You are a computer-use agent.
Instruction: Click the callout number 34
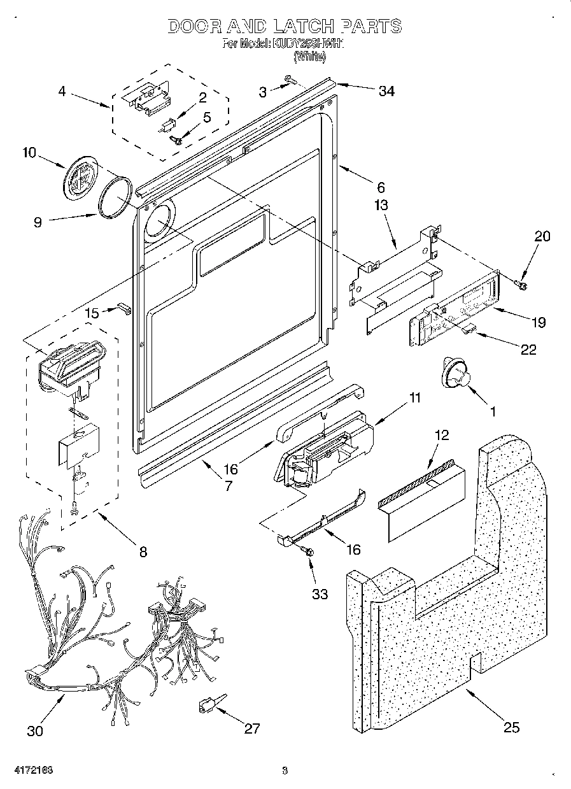[386, 91]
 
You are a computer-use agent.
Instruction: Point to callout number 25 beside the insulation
[511, 727]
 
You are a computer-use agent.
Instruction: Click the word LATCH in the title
[302, 26]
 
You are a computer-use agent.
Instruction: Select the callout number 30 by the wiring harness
[35, 730]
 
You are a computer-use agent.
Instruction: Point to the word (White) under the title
[310, 56]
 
